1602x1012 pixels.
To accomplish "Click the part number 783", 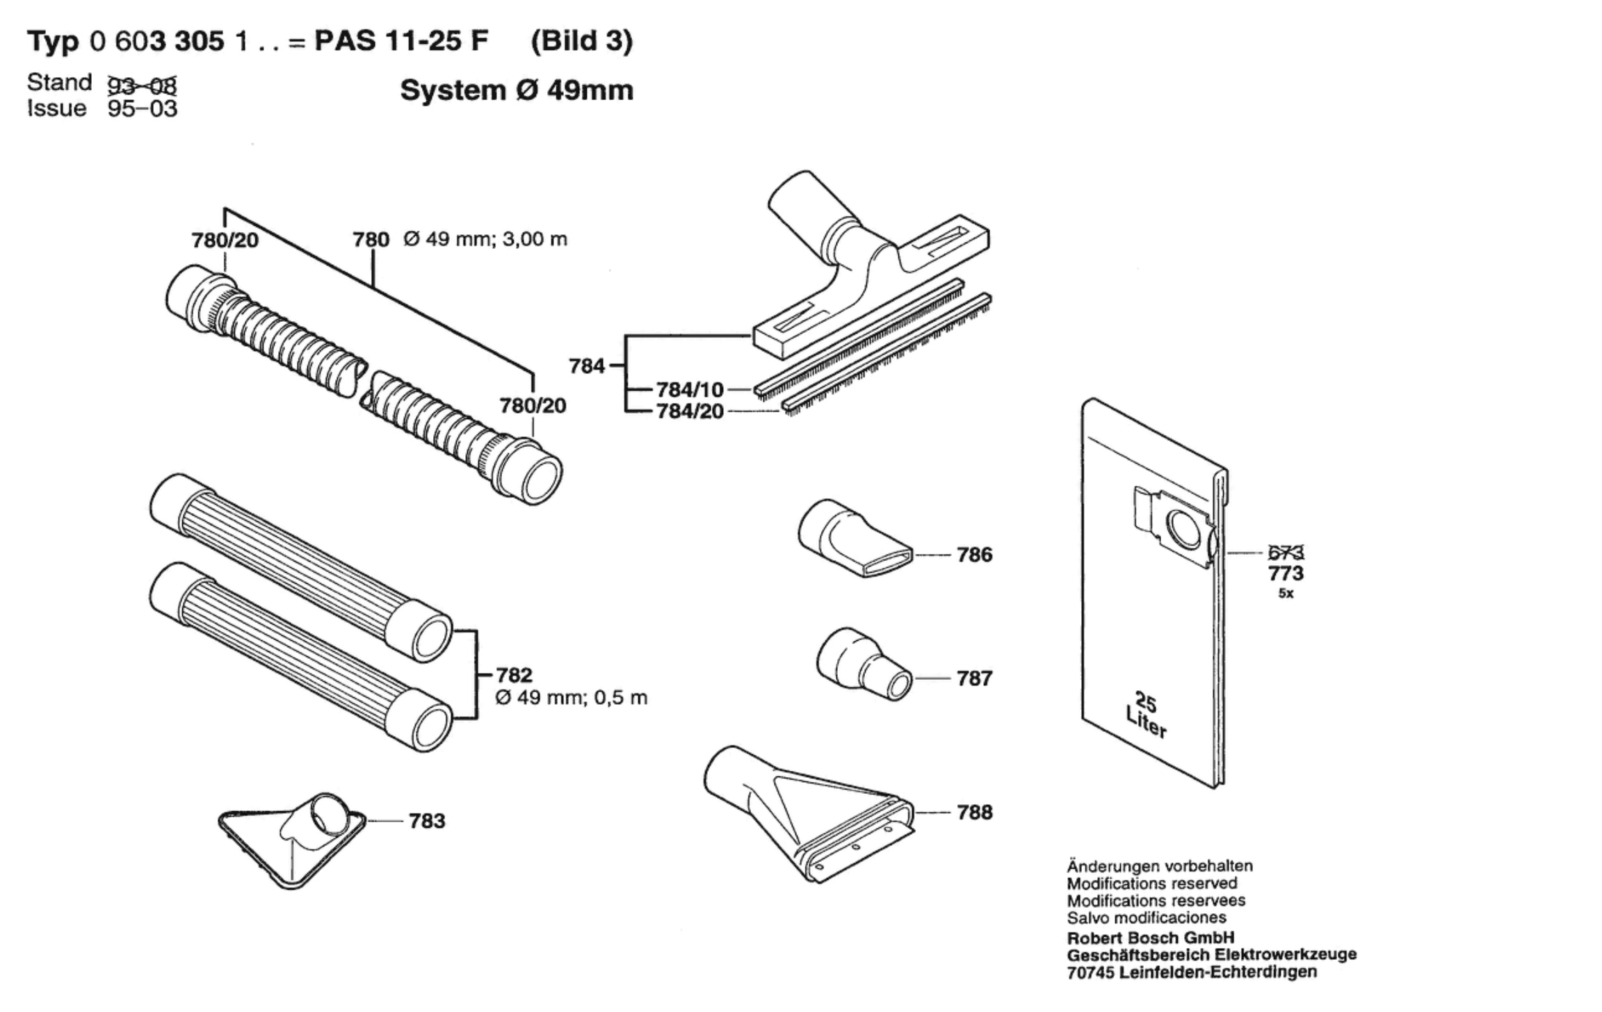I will [x=426, y=821].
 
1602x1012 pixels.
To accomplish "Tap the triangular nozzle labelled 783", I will [x=292, y=844].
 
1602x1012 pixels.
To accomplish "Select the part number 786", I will [x=974, y=555].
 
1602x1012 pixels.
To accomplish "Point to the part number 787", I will [x=974, y=678].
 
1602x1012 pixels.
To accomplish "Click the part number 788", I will [x=974, y=812].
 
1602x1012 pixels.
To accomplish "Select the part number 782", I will [x=514, y=675].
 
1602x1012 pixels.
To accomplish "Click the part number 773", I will [x=1286, y=573].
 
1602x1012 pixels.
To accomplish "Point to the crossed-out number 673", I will [x=1286, y=553].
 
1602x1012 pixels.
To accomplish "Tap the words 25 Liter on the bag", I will [x=1145, y=715].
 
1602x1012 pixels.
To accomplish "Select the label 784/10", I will [x=690, y=390].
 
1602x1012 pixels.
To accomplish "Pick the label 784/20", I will [x=690, y=411].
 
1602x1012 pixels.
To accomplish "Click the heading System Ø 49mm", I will [x=517, y=90].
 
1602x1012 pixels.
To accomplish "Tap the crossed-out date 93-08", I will [x=142, y=85].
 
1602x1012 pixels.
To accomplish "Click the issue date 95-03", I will [x=143, y=108].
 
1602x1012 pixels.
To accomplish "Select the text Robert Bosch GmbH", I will [x=1151, y=937].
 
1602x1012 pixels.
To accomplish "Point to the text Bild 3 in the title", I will [x=582, y=41].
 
